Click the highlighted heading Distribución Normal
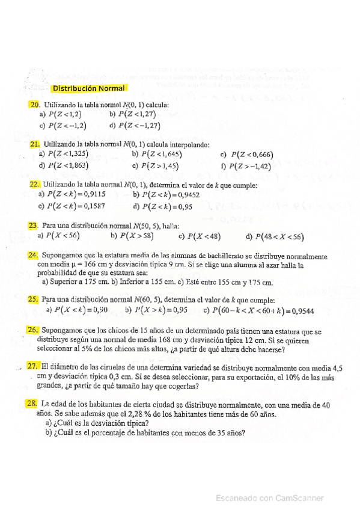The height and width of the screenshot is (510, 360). coord(88,88)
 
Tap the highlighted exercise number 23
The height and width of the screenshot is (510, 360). coord(34,226)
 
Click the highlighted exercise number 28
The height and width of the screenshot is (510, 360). coord(34,407)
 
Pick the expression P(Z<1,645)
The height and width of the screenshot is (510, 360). coord(151,155)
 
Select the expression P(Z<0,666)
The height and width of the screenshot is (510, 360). coord(249,155)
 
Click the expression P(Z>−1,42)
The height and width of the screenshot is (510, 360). coord(249,166)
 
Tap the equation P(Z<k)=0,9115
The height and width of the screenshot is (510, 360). coord(75,194)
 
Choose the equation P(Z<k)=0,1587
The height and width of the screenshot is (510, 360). coord(75,206)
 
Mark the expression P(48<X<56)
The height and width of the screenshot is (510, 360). coord(282,236)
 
